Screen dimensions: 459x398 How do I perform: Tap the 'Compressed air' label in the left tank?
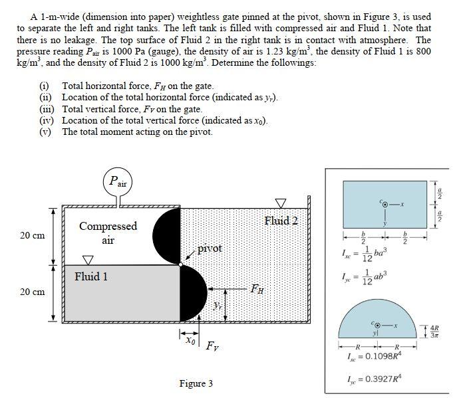coord(108,233)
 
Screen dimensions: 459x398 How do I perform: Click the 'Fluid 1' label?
coord(91,276)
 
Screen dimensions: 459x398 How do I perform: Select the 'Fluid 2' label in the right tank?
coord(281,220)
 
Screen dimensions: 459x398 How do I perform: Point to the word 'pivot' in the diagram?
coord(210,248)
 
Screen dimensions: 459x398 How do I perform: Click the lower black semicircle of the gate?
coord(194,293)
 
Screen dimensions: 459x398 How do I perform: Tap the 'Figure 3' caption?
coord(196,383)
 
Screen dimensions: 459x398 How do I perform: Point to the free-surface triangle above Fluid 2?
coord(282,201)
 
